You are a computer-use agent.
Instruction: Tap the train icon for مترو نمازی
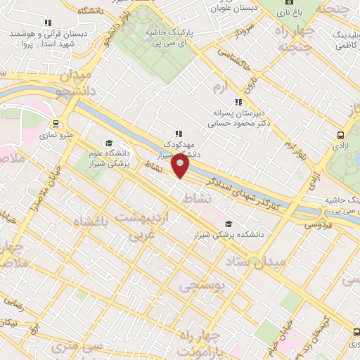(x=55, y=124)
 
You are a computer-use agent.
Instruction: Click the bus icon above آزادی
(x=340, y=135)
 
